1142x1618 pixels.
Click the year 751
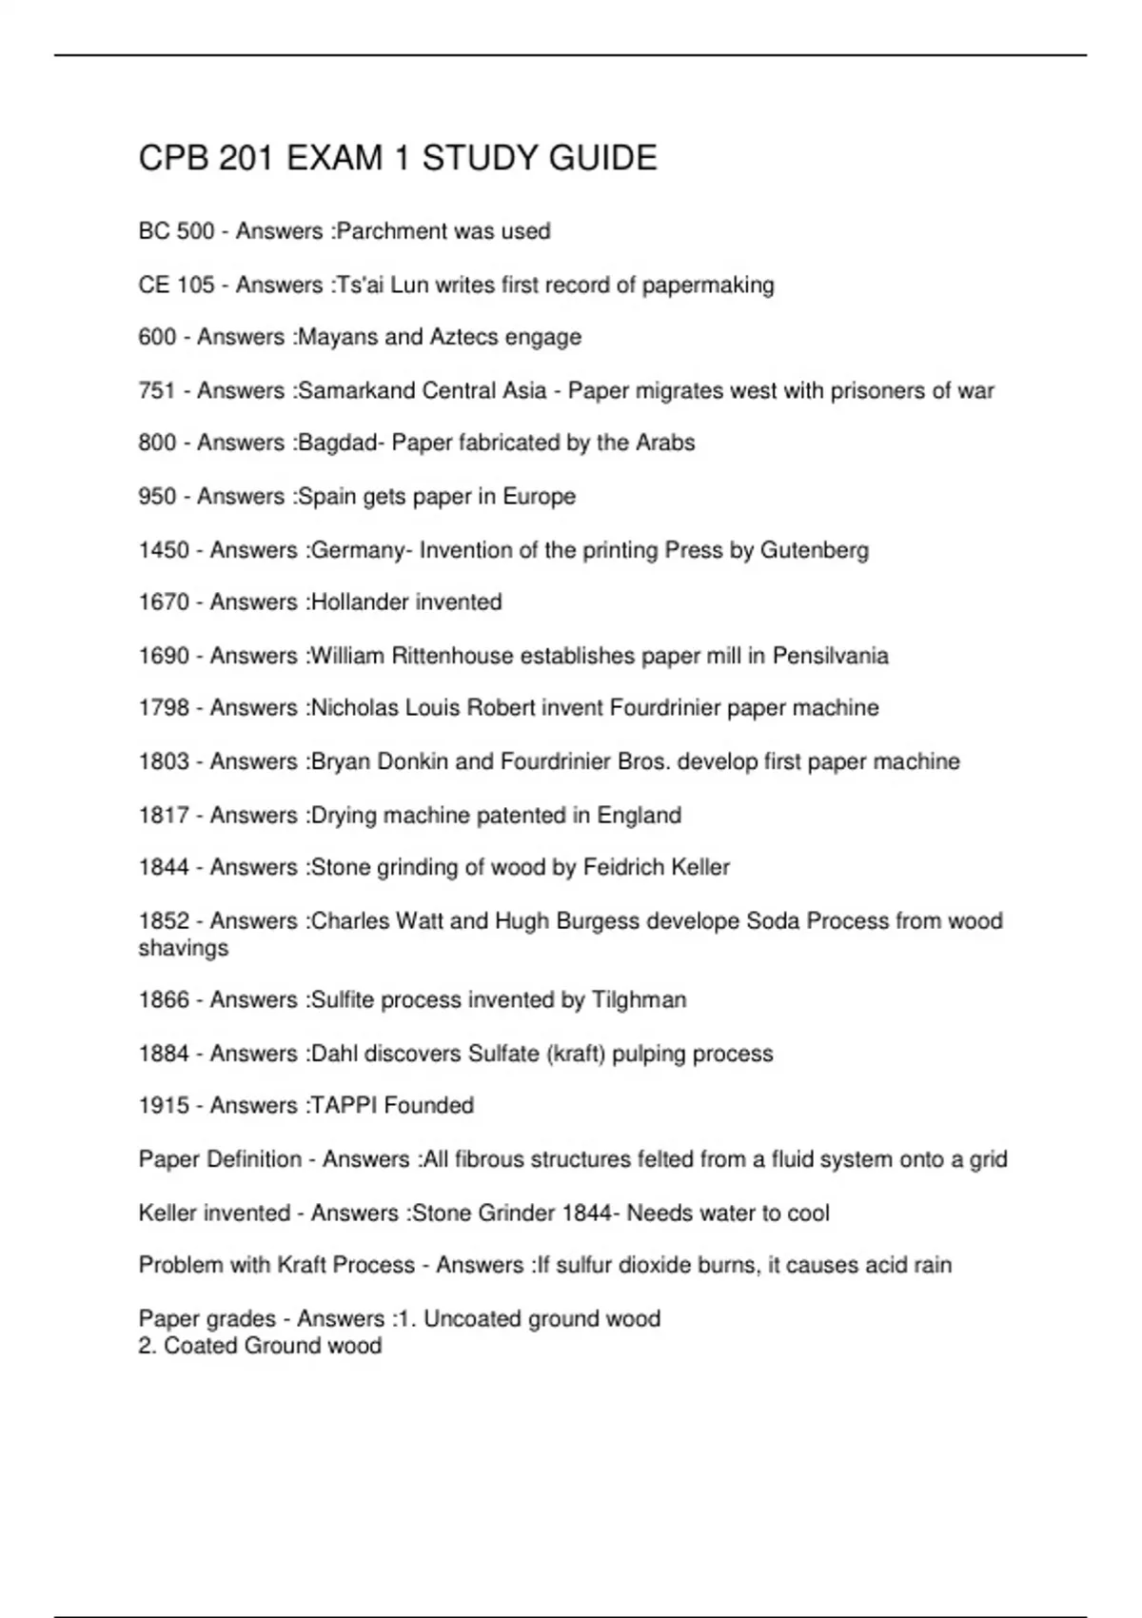[157, 390]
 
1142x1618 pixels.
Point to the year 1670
[164, 602]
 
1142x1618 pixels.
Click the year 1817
[164, 815]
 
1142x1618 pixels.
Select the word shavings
[183, 948]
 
